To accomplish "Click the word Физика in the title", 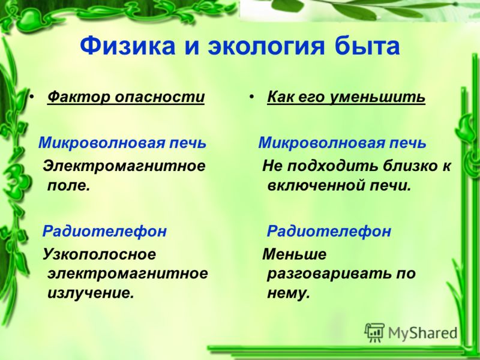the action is [128, 46].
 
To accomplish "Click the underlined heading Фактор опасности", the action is [126, 98].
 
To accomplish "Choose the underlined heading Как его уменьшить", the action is [346, 98].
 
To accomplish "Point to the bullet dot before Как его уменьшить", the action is [251, 97].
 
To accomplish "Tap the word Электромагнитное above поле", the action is [124, 166].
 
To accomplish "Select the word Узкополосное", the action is [99, 255].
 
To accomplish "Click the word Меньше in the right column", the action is [295, 254].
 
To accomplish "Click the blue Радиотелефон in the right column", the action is [329, 231].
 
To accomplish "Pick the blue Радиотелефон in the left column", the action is [104, 231].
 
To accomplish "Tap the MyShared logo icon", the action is [374, 333].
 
